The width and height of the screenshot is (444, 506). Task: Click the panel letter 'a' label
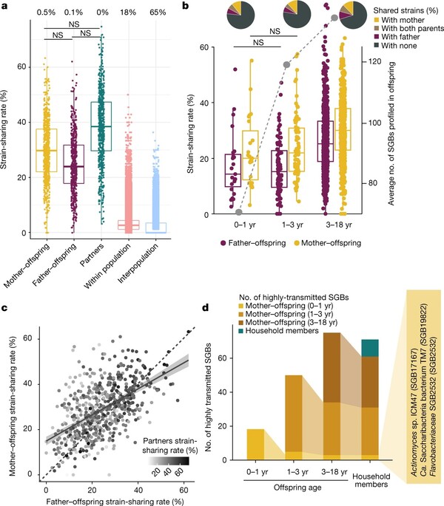tap(6, 6)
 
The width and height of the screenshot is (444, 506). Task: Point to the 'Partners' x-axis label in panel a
tap(99, 256)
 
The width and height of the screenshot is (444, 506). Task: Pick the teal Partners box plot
tap(101, 126)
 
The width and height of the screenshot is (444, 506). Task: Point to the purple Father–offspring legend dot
tap(224, 242)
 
